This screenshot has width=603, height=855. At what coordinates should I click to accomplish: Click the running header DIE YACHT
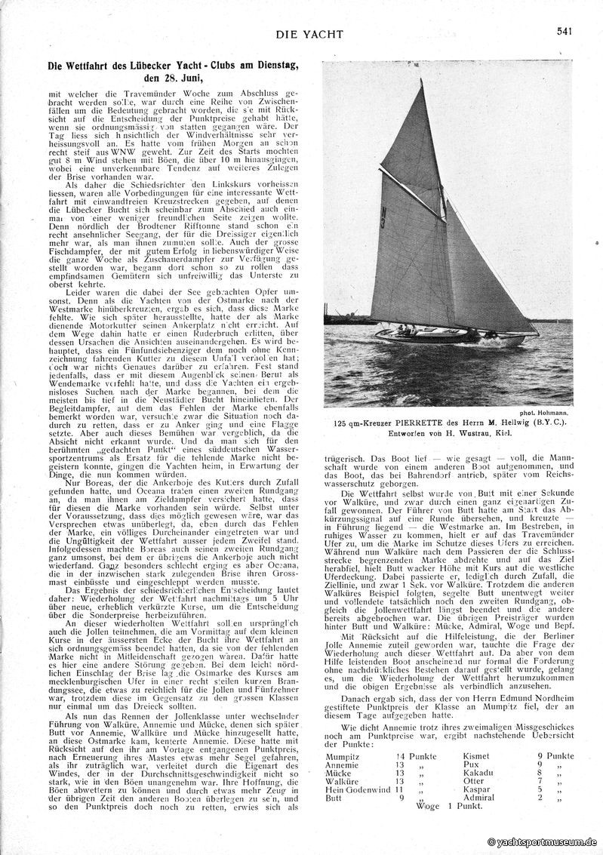[309, 34]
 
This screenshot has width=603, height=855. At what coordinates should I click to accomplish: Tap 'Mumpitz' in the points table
[343, 756]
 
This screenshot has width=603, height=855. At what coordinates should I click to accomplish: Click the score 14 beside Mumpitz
[400, 756]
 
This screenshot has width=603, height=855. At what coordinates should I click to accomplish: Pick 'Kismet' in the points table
[477, 756]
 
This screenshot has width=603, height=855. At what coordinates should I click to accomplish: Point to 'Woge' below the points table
[426, 806]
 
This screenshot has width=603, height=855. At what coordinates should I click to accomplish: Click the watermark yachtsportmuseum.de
[542, 841]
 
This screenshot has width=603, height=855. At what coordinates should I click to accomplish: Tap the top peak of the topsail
[420, 79]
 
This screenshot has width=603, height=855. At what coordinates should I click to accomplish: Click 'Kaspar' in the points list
[477, 789]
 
